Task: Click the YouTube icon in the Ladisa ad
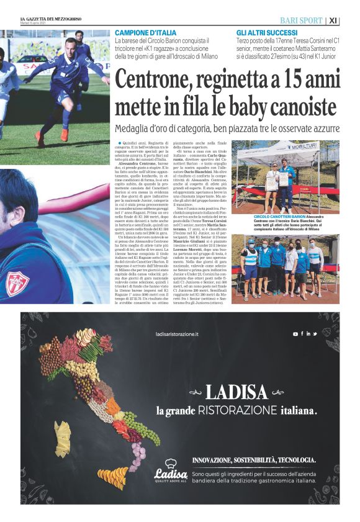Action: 295,334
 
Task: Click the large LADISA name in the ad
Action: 236,392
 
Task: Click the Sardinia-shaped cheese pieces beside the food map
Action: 63,438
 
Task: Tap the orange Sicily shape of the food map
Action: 114,477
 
